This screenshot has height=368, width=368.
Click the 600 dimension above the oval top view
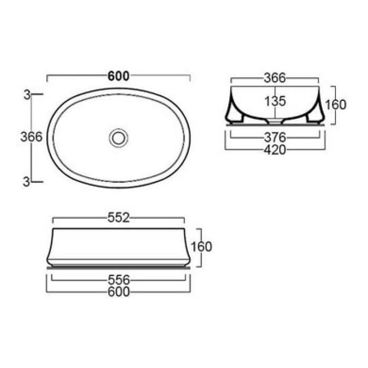[x=118, y=75]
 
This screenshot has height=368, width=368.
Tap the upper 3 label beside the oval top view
[x=26, y=95]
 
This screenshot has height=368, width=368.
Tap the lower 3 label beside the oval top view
[x=26, y=181]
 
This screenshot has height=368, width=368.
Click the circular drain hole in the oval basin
[x=118, y=138]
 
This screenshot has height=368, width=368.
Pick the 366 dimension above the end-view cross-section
[x=274, y=78]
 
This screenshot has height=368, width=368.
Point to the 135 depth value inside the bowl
[x=274, y=100]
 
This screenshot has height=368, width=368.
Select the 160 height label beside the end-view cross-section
[x=336, y=104]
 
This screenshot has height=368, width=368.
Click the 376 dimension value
[x=274, y=138]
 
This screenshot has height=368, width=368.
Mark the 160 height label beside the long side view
[x=202, y=246]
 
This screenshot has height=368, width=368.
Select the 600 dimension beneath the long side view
[x=118, y=292]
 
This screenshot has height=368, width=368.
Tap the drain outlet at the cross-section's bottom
[x=274, y=120]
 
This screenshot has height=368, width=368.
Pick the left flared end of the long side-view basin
[x=50, y=247]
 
